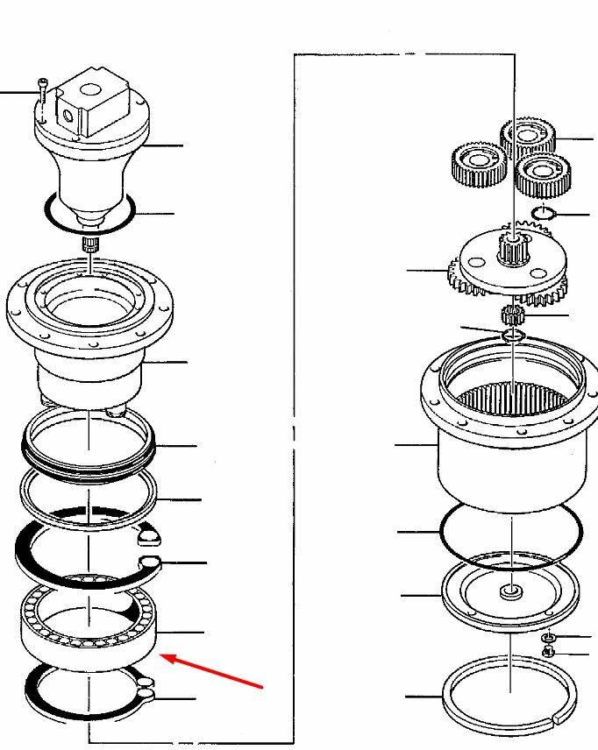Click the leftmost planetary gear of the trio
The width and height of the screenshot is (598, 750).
pos(478,165)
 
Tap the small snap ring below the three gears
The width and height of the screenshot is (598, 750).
pos(545,213)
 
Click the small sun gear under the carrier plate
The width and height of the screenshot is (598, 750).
pos(512,314)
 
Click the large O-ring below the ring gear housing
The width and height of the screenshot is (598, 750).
pos(509,534)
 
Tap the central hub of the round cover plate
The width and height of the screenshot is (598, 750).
pos(510,594)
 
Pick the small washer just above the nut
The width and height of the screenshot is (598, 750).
pos(548,637)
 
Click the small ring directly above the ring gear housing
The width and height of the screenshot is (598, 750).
pos(513,336)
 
